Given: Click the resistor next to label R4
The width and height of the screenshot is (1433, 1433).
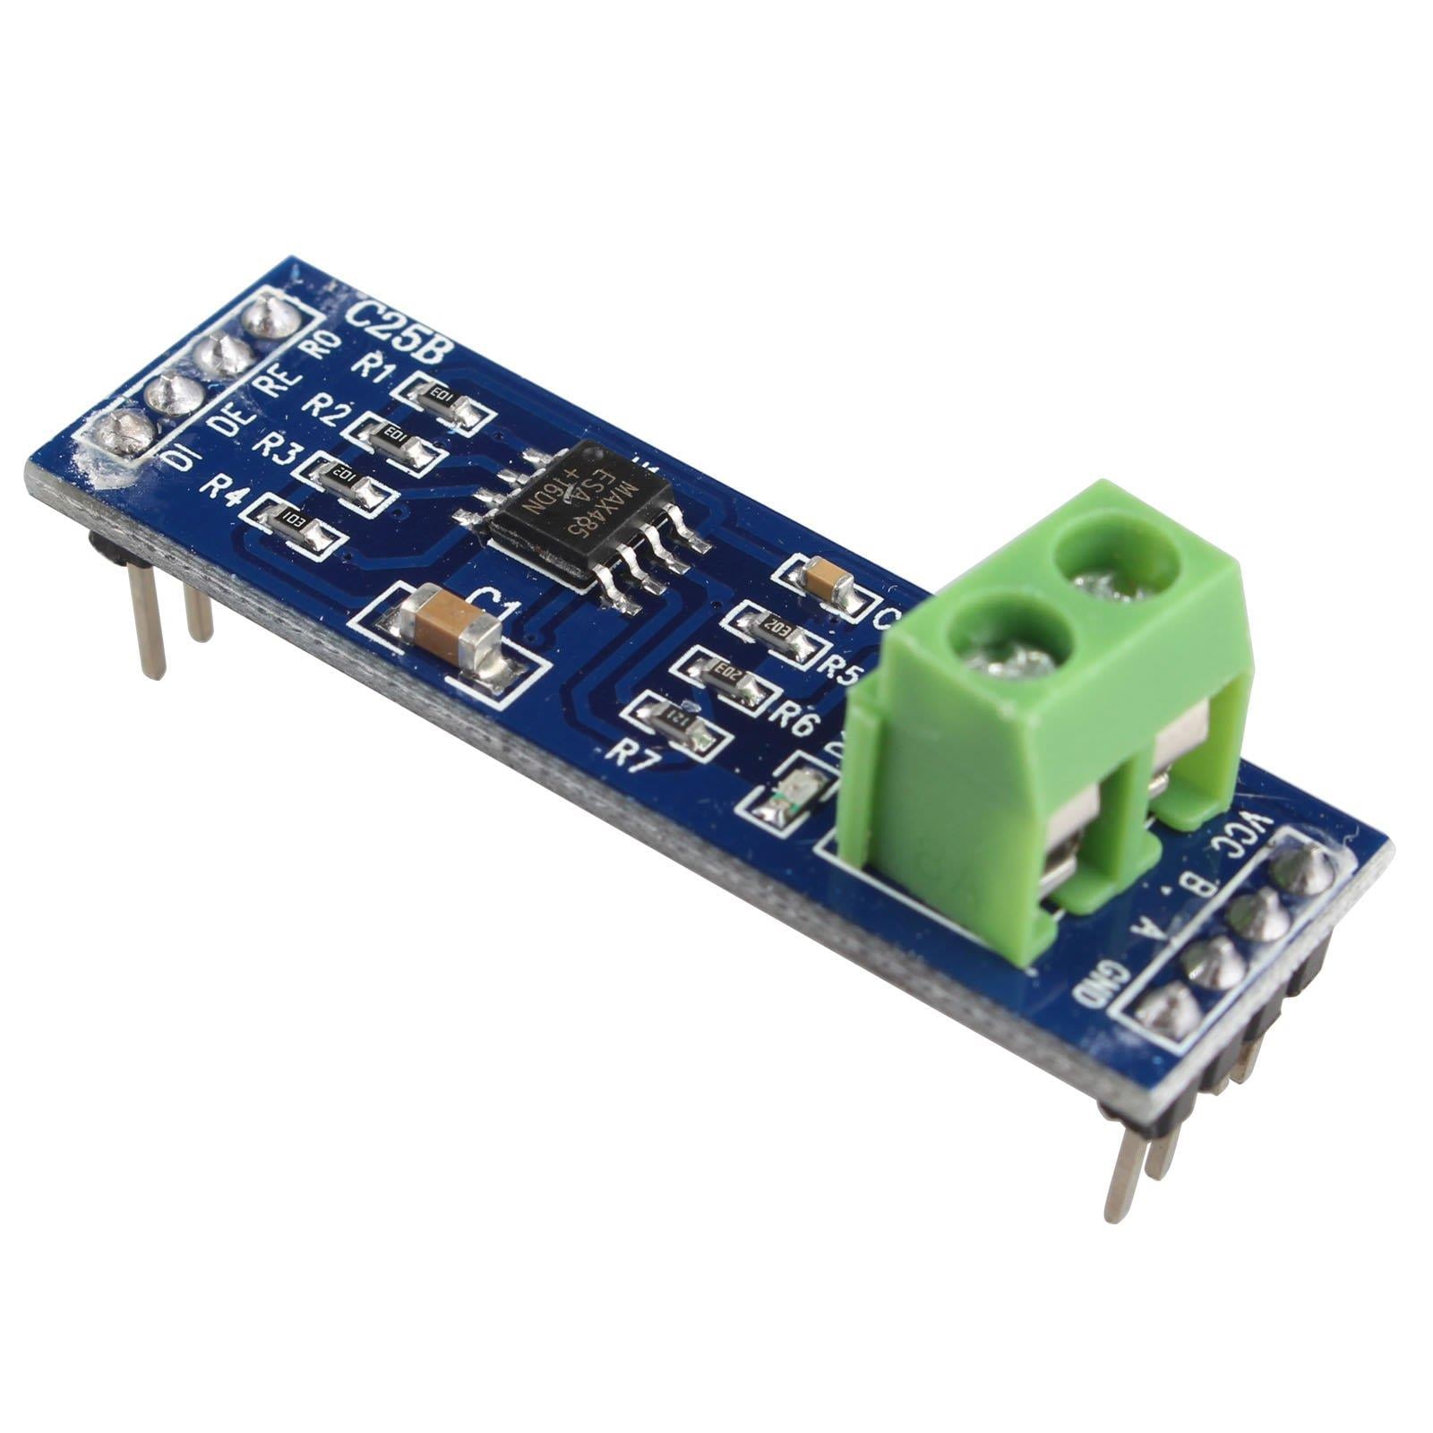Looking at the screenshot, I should (x=296, y=523).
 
